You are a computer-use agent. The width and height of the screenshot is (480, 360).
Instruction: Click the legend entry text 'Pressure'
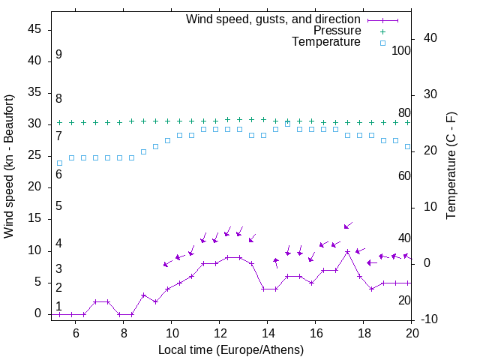click(337, 31)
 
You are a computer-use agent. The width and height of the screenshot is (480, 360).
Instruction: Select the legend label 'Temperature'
click(326, 43)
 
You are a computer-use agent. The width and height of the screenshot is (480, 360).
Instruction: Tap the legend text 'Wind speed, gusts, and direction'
click(274, 19)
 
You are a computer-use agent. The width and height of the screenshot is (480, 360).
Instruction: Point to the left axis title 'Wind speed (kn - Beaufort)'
click(9, 166)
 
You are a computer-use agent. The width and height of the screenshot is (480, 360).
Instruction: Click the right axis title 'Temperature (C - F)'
click(451, 166)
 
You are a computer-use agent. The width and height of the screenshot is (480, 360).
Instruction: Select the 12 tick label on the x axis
click(219, 332)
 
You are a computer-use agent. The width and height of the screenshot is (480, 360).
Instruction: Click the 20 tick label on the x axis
click(412, 332)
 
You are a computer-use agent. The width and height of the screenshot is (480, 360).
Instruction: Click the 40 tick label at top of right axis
click(430, 38)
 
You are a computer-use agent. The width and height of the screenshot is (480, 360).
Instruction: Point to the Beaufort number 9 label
click(58, 55)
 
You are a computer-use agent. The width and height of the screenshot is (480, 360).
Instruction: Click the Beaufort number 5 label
click(58, 206)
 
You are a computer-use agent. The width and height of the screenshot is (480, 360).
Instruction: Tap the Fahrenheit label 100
click(402, 51)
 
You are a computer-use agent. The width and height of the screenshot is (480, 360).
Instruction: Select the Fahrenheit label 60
click(405, 175)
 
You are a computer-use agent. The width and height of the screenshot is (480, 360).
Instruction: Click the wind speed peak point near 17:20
click(347, 252)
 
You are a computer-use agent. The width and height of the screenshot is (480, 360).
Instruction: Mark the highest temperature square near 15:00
click(287, 123)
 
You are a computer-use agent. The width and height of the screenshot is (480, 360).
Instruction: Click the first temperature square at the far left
click(59, 163)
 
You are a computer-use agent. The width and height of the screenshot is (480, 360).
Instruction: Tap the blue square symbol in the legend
click(382, 43)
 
